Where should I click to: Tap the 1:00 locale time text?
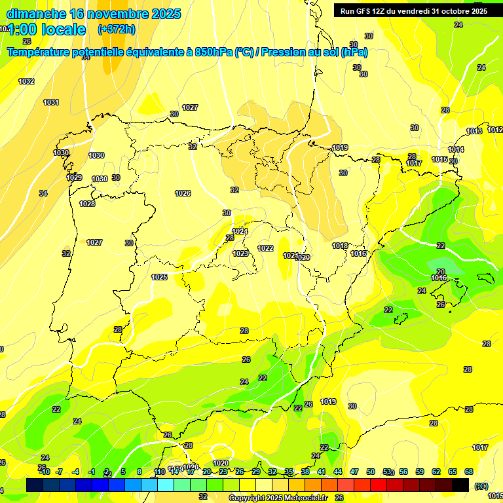coord(47,29)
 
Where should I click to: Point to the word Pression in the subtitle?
coord(283,52)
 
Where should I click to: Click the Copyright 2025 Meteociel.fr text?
coord(278,498)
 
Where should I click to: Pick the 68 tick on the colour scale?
coord(469,472)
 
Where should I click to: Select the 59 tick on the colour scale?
coord(420,472)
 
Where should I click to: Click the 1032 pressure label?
coord(27,81)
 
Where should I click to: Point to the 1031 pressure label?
coord(51,102)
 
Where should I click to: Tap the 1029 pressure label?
coord(74,177)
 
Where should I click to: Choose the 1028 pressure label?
coord(87,204)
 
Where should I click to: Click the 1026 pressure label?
coord(183,193)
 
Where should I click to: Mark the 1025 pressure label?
coord(159,277)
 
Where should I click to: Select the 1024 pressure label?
coord(240,231)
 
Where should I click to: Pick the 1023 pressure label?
coord(240,253)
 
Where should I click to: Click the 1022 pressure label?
coord(265,248)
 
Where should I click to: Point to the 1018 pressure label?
coord(339,246)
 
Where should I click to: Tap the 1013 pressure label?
coord(474,132)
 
